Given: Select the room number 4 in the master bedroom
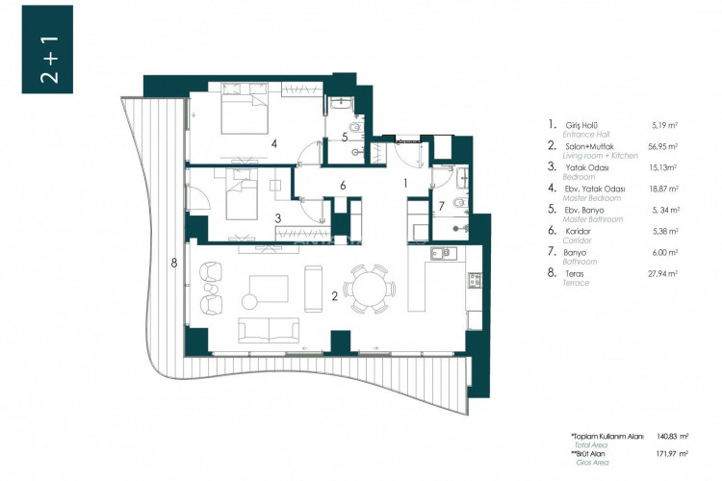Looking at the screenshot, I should click(274, 143).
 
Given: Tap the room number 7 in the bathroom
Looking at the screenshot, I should click(442, 205).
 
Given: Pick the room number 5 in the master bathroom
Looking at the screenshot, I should click(344, 137).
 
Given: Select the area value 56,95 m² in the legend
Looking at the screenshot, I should click(663, 146).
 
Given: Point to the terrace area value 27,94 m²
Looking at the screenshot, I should click(663, 274).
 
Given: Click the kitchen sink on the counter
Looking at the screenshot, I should click(443, 254).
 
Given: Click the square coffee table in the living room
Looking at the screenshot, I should click(269, 289).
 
